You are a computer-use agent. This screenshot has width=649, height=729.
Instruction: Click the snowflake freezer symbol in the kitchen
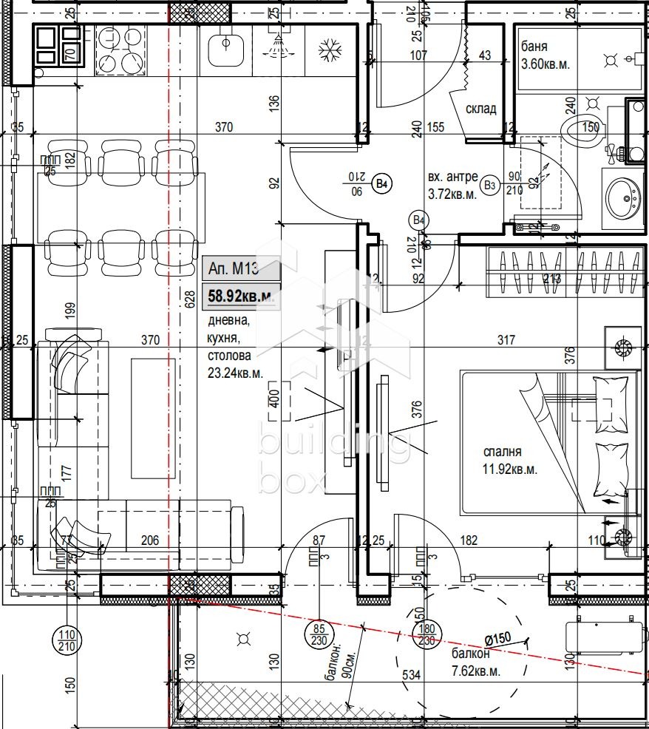pos(329,50)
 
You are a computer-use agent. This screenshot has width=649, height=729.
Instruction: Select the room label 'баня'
pos(534,47)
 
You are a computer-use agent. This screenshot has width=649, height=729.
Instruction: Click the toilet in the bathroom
pos(580,131)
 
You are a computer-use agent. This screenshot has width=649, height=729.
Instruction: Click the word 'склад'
pos(480,109)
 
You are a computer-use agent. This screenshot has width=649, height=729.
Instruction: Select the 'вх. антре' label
pos(452,177)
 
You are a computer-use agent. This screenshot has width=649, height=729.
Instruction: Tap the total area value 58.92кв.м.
pos(241,297)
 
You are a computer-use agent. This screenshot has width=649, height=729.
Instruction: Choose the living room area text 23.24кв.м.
pos(235,374)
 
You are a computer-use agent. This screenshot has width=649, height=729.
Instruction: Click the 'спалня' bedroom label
pos(503,451)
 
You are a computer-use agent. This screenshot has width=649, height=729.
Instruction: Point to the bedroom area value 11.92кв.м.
pos(510,469)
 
